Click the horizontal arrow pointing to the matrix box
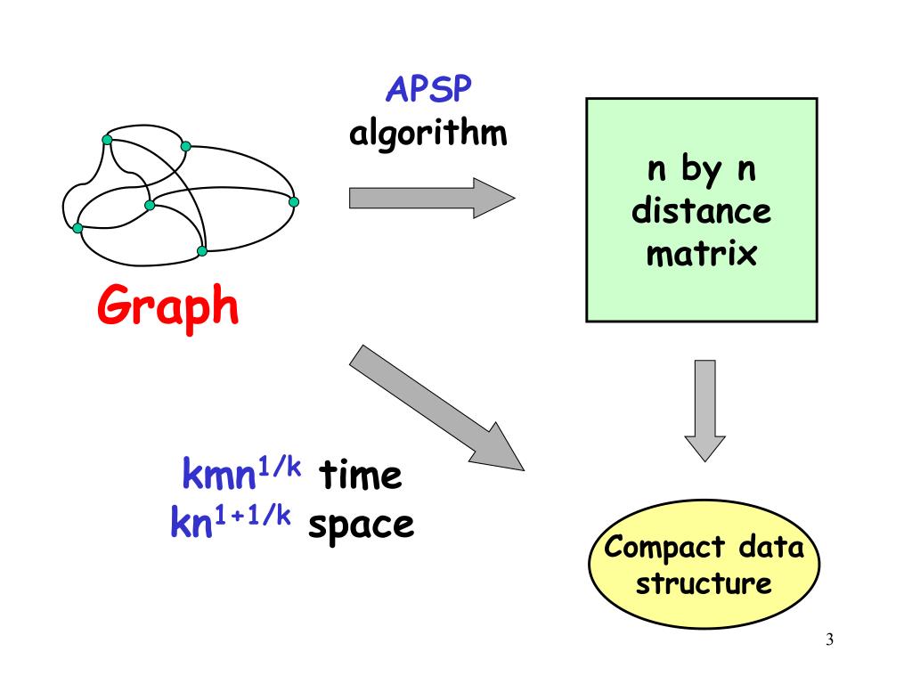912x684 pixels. (x=432, y=197)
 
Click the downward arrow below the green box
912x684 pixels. (x=704, y=409)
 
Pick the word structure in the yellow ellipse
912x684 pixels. (x=704, y=584)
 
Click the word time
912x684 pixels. (x=362, y=476)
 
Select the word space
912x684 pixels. (x=361, y=525)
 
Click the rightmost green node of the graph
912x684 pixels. (x=294, y=201)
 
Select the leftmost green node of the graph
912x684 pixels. (x=77, y=228)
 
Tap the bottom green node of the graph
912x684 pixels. (x=202, y=251)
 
